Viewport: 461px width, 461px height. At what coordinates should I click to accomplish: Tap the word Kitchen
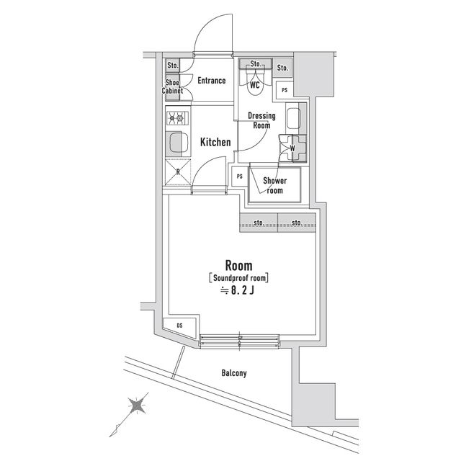215,142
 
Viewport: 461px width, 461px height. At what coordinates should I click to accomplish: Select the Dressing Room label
260,120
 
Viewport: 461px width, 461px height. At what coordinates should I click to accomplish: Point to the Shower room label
274,185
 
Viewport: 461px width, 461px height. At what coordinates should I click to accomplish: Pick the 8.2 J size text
238,290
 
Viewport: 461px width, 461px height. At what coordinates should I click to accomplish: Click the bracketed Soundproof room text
238,277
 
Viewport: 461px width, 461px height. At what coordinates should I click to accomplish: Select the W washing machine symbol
292,149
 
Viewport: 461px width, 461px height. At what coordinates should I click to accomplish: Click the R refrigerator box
177,171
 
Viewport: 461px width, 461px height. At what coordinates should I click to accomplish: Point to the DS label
179,326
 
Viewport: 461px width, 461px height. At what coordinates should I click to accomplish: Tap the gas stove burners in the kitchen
176,117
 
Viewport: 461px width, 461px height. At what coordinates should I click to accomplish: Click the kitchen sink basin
176,144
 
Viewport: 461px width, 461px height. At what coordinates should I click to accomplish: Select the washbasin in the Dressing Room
294,119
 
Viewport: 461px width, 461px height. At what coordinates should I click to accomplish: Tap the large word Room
238,264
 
